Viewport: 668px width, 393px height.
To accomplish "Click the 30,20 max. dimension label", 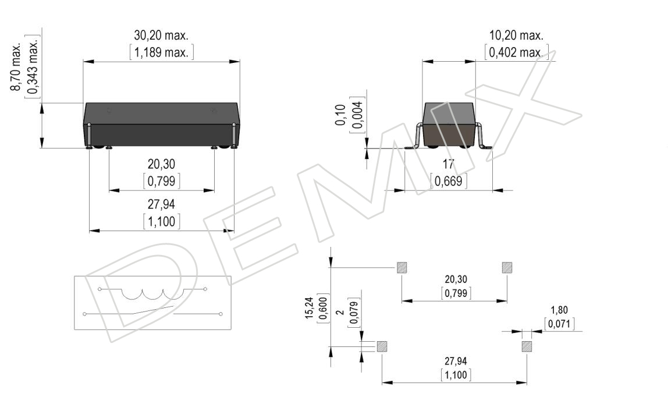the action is [161, 35].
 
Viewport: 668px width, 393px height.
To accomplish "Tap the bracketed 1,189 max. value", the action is [161, 52].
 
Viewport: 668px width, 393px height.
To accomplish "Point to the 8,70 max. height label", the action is [16, 67].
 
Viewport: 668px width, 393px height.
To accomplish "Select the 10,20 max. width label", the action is [516, 35].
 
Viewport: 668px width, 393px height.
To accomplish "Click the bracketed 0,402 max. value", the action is [516, 52].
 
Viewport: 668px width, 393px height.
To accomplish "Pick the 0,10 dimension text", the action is [340, 115].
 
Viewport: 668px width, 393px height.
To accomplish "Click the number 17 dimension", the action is [448, 164].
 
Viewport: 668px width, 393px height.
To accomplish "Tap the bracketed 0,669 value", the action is [448, 181].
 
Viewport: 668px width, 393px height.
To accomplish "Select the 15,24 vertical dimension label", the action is [310, 308].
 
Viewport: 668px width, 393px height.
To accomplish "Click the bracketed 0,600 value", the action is [324, 308].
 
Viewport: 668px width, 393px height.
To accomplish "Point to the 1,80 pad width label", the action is [559, 310].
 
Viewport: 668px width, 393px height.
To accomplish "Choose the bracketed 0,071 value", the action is [559, 324].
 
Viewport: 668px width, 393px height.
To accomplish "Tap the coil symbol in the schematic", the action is [152, 293].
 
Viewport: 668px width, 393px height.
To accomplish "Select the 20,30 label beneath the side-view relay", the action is [161, 164].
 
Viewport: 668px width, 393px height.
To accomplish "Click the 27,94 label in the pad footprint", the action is [456, 361].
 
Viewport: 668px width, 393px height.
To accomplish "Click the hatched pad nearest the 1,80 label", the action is [527, 346].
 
